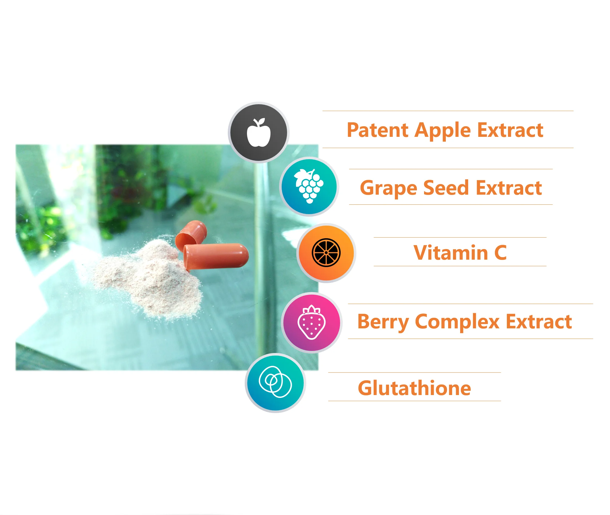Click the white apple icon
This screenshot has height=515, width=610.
point(258,133)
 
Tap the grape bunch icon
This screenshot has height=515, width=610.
point(309,186)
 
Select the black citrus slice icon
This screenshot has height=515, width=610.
point(326,252)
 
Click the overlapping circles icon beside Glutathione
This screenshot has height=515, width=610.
point(275,382)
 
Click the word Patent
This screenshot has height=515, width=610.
point(377,130)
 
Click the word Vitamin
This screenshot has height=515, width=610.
point(451,252)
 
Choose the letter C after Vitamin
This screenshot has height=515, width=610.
point(501,252)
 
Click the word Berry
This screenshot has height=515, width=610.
point(383,322)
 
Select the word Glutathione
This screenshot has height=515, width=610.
point(414,388)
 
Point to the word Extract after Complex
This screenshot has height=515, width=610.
point(539,321)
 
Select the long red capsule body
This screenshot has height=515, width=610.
point(216,256)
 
